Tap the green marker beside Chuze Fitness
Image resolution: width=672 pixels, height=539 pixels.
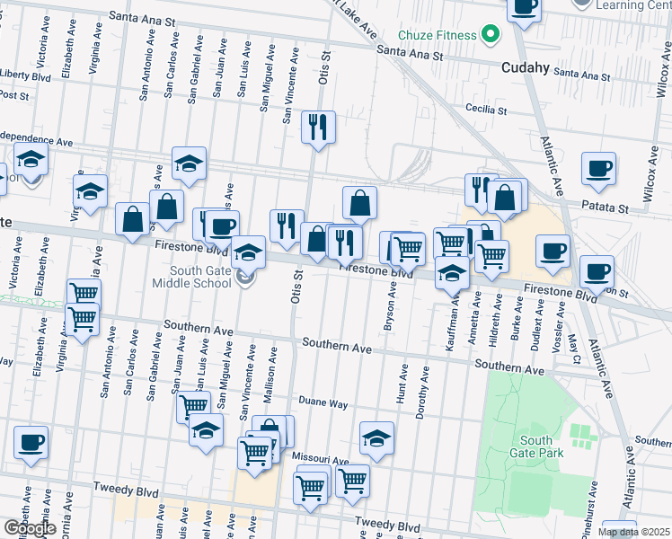click(x=491, y=36)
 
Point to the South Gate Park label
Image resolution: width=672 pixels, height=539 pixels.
click(x=541, y=446)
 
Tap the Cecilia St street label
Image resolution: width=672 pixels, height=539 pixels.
click(x=486, y=111)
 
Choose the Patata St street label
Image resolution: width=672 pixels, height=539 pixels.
click(x=609, y=208)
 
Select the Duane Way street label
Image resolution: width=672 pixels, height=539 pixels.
click(x=323, y=403)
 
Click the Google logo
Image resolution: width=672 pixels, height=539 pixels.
click(x=30, y=528)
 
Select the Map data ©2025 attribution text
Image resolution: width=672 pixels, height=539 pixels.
click(x=633, y=532)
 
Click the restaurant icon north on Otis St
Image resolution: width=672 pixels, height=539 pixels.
click(x=318, y=128)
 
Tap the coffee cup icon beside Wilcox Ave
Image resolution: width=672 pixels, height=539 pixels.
click(x=598, y=169)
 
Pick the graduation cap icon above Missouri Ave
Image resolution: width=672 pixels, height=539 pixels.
click(x=377, y=438)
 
